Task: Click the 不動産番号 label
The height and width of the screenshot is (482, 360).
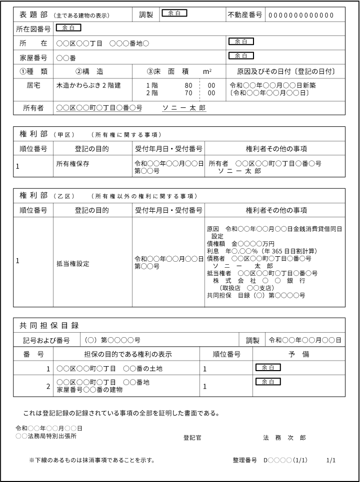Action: tap(245, 15)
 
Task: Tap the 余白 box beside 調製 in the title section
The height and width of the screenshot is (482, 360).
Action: tap(174, 13)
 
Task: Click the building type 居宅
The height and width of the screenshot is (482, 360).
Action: tap(33, 85)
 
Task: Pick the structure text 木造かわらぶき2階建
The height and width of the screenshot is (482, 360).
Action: tap(88, 85)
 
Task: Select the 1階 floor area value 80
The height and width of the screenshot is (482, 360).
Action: tap(188, 85)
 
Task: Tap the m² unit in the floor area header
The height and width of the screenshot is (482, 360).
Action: tap(207, 71)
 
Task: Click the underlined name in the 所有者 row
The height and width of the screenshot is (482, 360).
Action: tap(184, 108)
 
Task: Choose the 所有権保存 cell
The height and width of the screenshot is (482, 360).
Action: tap(73, 164)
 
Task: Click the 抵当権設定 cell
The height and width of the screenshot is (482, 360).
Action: tap(73, 263)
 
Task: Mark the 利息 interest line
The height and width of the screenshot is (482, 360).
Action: tap(261, 251)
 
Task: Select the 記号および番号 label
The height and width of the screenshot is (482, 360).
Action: tap(46, 340)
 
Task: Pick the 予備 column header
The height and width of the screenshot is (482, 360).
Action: tap(299, 354)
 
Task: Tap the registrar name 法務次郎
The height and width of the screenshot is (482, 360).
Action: tap(284, 438)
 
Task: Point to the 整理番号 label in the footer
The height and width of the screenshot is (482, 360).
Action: tap(244, 460)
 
